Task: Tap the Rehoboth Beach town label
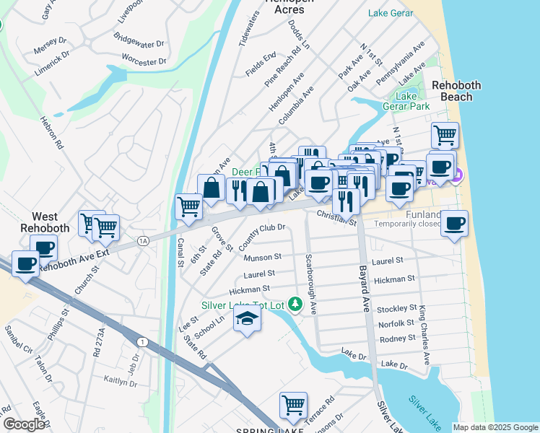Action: tap(456, 91)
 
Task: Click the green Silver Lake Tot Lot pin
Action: tap(295, 305)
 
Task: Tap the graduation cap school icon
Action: tap(247, 318)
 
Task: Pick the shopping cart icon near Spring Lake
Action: tap(293, 406)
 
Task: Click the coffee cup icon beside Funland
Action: tap(454, 224)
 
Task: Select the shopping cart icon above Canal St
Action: tap(188, 206)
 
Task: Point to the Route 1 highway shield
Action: tap(142, 341)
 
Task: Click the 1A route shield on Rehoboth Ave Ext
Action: tap(143, 240)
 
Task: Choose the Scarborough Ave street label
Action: tap(311, 283)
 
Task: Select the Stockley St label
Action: tap(396, 309)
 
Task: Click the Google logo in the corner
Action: tap(24, 424)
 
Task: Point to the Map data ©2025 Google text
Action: tap(495, 427)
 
